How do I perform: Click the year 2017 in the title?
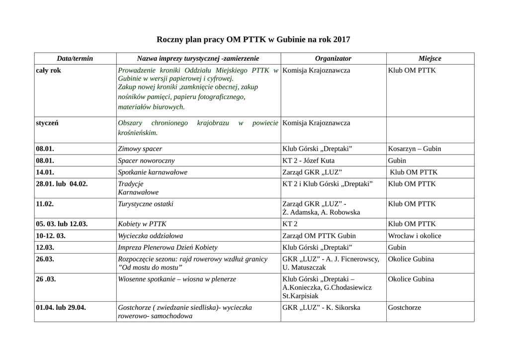pos(341,39)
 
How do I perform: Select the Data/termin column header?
pos(75,59)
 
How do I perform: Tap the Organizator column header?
pos(333,59)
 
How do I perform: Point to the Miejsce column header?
pos(430,59)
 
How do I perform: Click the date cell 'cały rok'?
pos(49,71)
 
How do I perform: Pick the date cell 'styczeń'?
pos(47,123)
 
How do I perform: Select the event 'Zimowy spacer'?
pos(140,149)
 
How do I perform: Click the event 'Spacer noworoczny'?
pos(146,161)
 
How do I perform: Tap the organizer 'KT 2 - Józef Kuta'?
pos(308,161)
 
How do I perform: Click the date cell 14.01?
pos(45,173)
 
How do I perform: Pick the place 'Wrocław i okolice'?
pos(414,236)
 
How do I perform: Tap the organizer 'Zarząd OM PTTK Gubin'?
pos(319,236)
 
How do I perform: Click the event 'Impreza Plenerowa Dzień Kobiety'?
pos(168,248)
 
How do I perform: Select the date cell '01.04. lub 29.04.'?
pos(61,308)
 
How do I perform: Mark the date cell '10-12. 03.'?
pos(51,236)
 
